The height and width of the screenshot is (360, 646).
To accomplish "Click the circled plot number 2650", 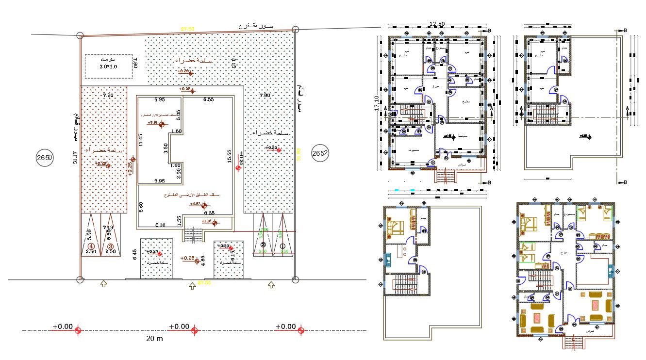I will tap(44, 158).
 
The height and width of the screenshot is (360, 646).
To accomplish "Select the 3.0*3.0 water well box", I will tap(109, 66).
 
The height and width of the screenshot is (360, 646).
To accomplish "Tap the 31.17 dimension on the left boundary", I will tap(74, 158).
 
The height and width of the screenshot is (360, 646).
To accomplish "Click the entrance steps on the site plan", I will tap(194, 236).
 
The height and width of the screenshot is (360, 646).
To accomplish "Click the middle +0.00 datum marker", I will tap(195, 330).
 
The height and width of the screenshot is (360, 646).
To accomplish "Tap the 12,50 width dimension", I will tap(437, 24).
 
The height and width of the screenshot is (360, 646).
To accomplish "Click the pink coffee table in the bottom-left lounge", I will tap(537, 318).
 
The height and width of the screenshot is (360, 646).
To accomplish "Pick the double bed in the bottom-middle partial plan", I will tap(397, 228).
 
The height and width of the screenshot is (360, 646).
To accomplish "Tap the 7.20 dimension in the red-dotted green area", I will tap(108, 96).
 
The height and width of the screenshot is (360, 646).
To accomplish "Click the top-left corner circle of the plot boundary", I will tap(80, 35).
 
